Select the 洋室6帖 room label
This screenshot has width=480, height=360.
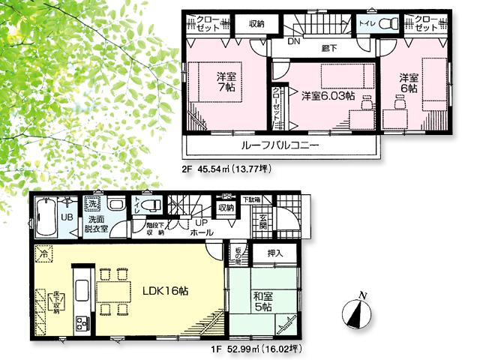(x=408, y=82)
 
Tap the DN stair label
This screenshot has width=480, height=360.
(x=294, y=42)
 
